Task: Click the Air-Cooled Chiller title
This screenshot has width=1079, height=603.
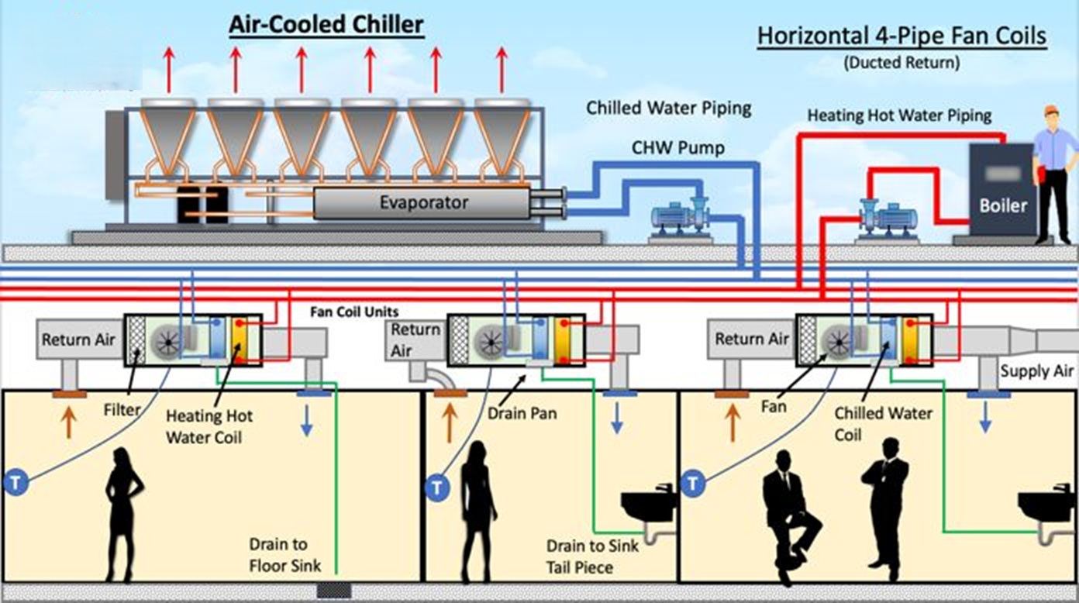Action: point(326,25)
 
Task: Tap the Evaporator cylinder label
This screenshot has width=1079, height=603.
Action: point(423,202)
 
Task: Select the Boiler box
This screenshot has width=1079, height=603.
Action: point(1002,189)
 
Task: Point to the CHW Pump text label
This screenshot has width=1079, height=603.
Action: point(677,148)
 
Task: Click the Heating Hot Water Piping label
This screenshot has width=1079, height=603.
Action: point(899,115)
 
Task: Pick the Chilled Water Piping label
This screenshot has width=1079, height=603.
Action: point(669,109)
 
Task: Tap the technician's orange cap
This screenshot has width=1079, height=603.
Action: point(1053,110)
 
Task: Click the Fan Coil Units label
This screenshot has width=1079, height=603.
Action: point(354,312)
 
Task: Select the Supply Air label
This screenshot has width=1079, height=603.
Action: point(1036,370)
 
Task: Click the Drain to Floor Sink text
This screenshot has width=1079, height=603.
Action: point(284,555)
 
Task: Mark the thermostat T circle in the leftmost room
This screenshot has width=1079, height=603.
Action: point(16,482)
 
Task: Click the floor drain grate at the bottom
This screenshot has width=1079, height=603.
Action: point(334,591)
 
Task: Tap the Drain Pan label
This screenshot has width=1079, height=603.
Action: point(522,413)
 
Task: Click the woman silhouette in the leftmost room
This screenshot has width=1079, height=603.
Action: point(122,515)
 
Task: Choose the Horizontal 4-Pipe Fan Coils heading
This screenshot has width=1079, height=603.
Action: point(901,36)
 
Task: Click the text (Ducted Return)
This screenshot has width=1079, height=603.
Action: point(901,63)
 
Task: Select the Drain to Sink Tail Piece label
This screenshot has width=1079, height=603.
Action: point(592,556)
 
